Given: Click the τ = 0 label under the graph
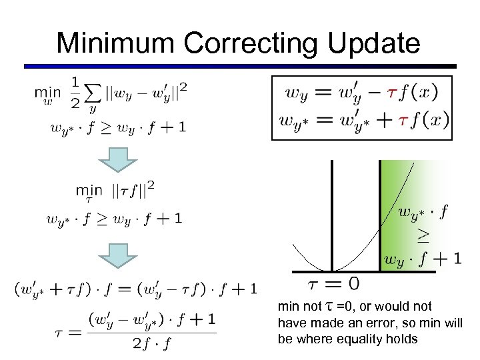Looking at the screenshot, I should click(x=333, y=283).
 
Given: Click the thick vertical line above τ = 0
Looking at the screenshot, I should click(x=332, y=213).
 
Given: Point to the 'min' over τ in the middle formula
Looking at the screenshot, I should click(x=89, y=192).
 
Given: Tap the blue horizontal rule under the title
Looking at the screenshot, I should click(x=240, y=66).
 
